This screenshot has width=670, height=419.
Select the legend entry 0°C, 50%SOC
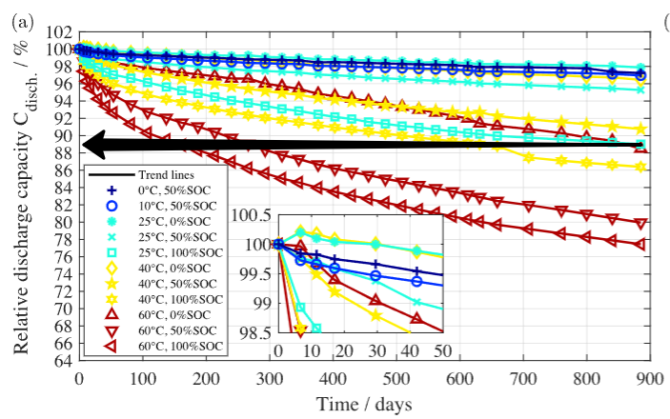pos(168,190)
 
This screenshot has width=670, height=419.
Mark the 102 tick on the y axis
pos(57,32)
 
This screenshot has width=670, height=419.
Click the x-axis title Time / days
pos(367,404)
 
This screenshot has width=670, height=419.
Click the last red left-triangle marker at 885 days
pos(641,244)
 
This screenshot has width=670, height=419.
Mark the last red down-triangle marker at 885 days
pos(641,224)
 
